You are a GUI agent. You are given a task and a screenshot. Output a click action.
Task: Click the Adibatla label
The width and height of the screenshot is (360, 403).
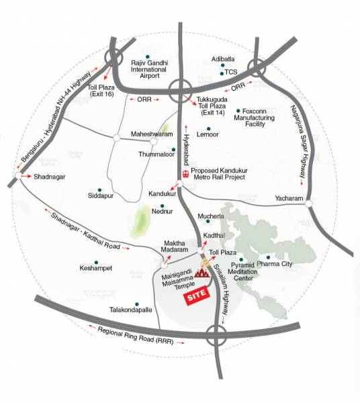coord(223,58)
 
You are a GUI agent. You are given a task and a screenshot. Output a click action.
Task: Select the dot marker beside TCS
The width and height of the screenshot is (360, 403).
coord(219,71)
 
